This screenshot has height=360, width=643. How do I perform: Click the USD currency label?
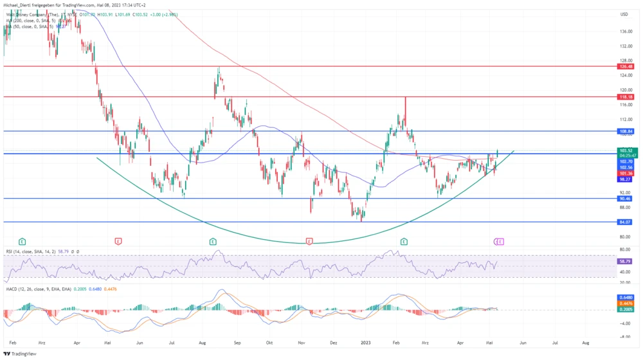624,14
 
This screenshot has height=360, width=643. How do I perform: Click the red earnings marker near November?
310,241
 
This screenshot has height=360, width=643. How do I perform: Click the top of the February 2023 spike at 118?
405,97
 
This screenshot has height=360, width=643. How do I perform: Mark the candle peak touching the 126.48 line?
219,67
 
